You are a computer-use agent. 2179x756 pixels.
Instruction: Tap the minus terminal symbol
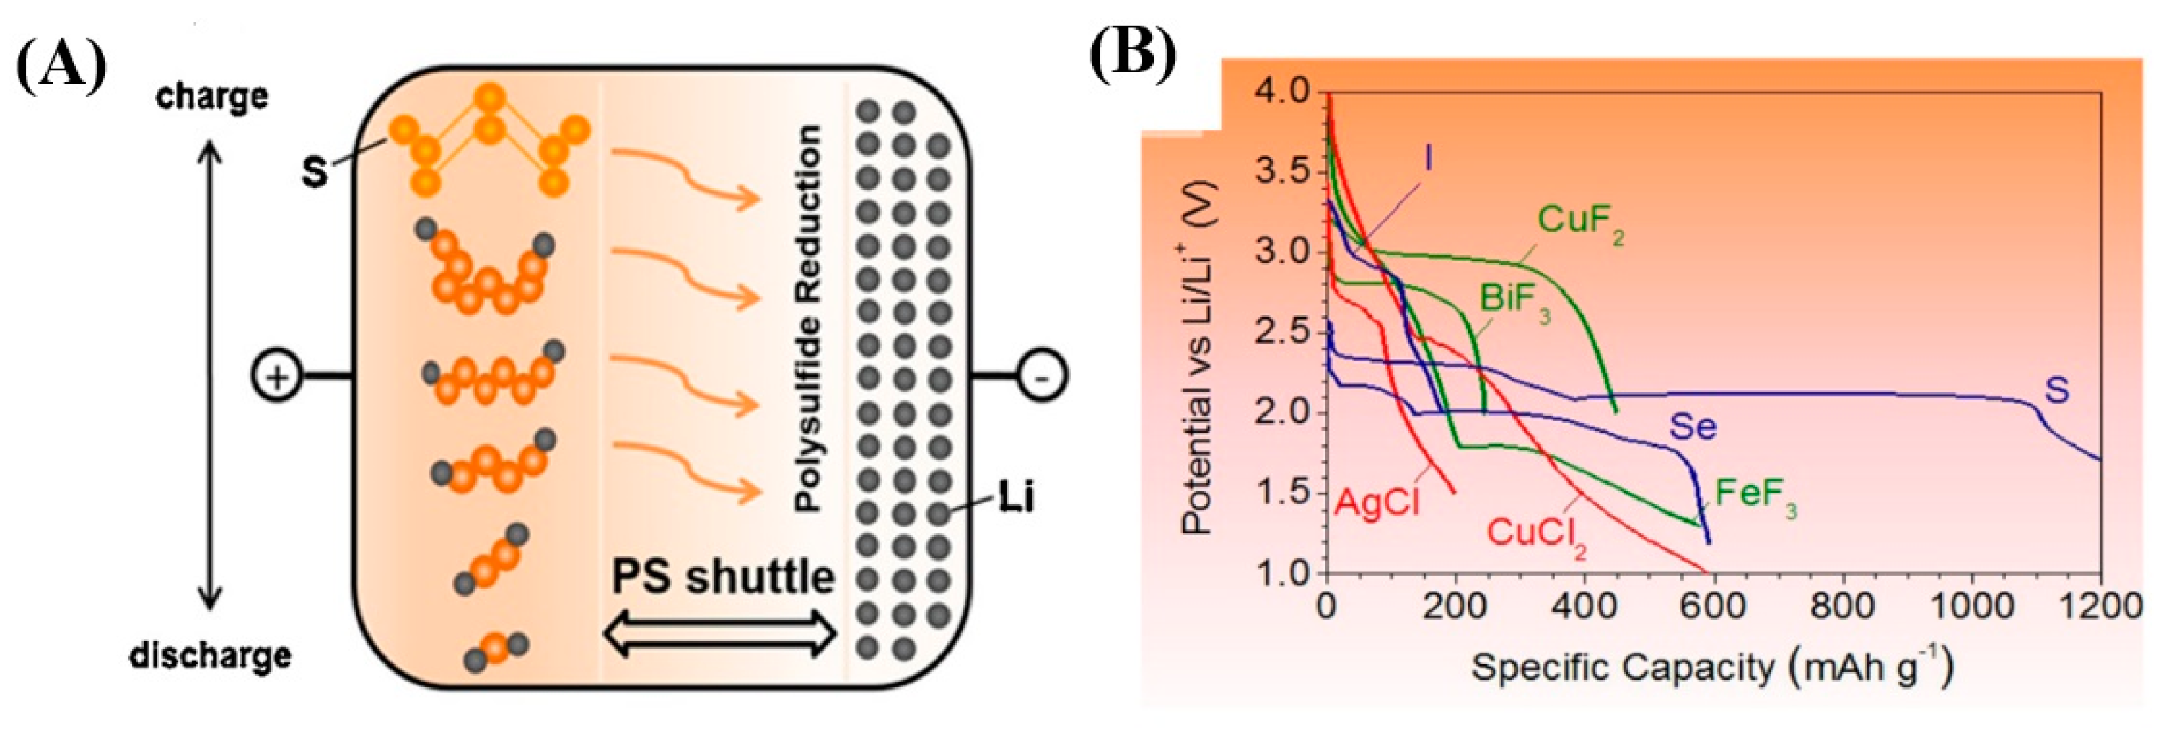point(1041,377)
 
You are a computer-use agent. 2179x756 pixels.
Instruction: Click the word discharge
point(211,656)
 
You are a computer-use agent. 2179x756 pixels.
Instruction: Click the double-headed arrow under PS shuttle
point(722,634)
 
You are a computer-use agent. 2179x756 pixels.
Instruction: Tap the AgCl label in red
point(1376,502)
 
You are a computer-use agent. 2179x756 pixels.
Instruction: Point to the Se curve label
point(1693,426)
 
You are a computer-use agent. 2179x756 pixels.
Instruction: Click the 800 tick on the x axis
point(1842,607)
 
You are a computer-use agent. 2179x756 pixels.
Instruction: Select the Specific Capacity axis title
point(1711,667)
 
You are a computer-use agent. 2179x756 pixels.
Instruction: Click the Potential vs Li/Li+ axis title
point(1198,359)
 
